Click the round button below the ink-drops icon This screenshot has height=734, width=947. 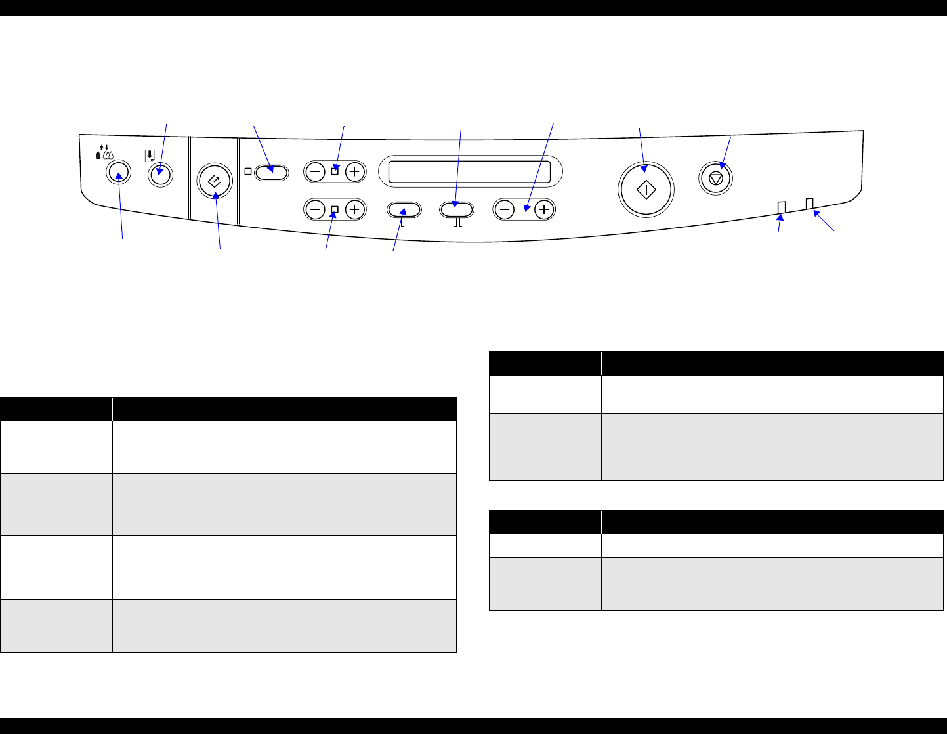118,173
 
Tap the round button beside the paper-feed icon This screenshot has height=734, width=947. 159,175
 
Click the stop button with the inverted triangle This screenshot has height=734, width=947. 715,178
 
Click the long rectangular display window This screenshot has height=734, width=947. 470,171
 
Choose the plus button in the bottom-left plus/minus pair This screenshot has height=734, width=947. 354,210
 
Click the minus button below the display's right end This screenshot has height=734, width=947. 505,209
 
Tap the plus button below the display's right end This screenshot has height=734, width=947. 544,209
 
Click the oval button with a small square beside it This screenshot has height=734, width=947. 271,172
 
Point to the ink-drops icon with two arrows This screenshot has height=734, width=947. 104,153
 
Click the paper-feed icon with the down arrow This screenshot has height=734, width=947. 151,155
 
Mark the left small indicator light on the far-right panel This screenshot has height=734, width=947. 781,207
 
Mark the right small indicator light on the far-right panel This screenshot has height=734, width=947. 810,204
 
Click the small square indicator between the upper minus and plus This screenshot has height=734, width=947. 335,172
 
